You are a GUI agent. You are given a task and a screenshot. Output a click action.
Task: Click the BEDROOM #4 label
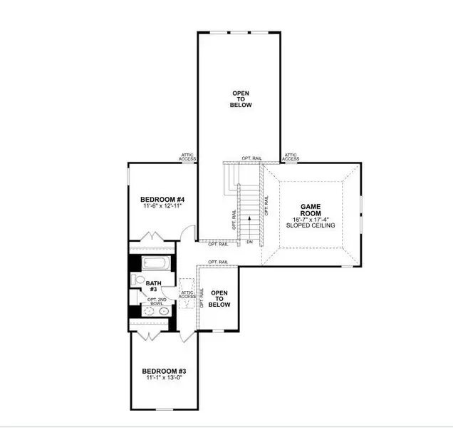point(162,199)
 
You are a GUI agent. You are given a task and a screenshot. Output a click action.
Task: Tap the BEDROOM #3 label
point(163,371)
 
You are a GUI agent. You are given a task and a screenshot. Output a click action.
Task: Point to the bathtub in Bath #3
point(154,263)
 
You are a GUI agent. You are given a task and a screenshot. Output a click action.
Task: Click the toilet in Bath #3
point(140,280)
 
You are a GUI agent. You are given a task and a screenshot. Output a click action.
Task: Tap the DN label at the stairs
point(249,243)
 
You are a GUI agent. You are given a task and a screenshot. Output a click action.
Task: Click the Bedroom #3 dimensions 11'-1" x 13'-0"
point(163,379)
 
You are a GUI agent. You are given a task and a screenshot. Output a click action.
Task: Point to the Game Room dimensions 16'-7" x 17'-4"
point(311,219)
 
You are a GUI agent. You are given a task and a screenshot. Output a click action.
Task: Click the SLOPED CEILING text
point(311,225)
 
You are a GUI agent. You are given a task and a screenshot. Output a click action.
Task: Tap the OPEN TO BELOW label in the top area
point(241,99)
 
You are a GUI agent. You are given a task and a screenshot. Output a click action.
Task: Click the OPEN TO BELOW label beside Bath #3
point(220,298)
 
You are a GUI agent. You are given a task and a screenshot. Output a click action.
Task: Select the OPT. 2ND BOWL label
point(155,302)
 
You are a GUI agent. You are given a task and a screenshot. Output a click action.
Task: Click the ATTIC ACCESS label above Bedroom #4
point(187,156)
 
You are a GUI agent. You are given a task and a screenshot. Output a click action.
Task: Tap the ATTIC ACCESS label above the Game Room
point(291,156)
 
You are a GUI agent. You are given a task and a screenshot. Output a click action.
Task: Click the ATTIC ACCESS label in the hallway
point(187,293)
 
